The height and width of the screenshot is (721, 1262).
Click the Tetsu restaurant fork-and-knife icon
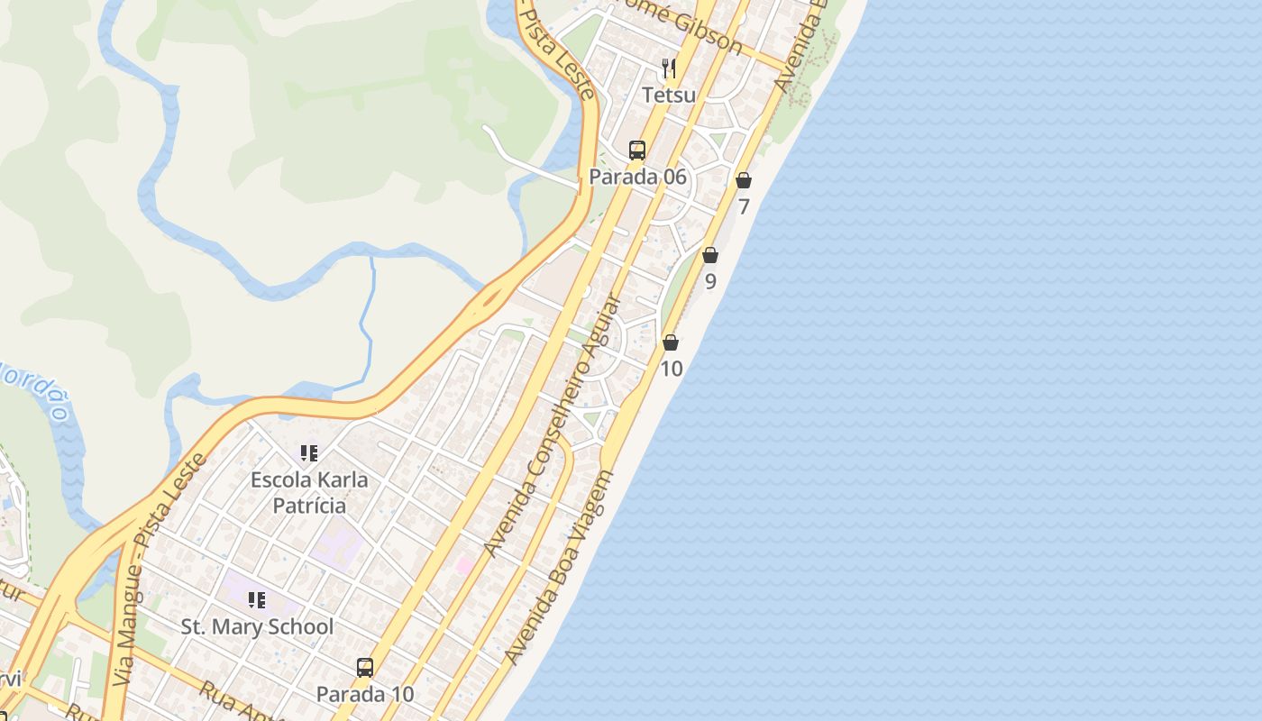669,68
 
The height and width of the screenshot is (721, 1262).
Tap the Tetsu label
669,94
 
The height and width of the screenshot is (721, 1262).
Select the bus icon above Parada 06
637,151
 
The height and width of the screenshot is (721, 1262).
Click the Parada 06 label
637,177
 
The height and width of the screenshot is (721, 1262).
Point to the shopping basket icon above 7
744,180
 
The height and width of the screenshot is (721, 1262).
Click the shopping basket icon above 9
710,255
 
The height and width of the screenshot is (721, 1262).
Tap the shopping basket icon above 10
671,342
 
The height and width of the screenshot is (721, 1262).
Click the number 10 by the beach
672,369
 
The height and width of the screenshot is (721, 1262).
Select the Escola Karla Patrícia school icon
309,452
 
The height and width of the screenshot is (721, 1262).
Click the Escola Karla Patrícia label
309,492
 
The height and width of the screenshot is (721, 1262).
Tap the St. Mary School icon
257,600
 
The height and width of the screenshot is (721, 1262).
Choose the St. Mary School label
257,626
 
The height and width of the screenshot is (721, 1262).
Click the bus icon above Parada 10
365,668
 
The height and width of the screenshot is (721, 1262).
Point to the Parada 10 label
365,694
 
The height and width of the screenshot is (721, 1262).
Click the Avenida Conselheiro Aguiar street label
552,425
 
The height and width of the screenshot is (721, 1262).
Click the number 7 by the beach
744,206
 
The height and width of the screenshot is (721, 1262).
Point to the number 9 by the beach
710,281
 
